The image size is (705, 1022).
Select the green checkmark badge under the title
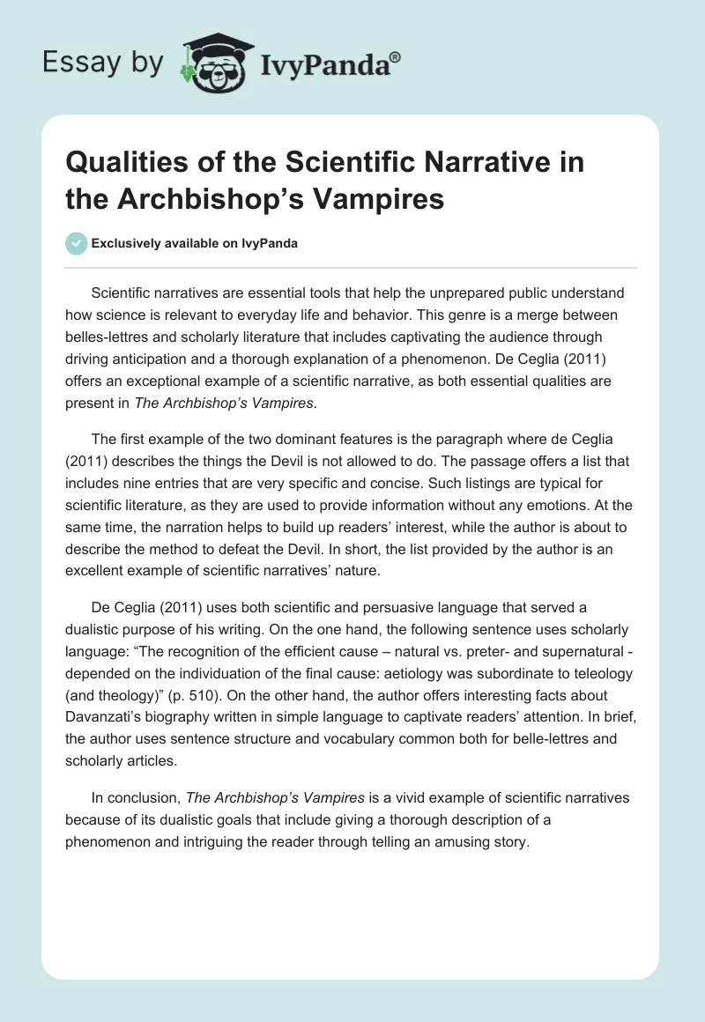[77, 243]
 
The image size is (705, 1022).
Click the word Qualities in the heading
[119, 163]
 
